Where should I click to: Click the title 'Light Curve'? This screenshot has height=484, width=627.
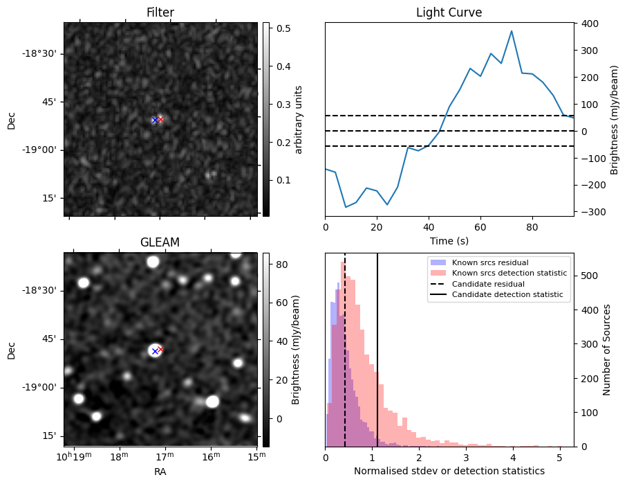[x=449, y=13]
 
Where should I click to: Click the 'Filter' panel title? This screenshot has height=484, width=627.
[x=160, y=13]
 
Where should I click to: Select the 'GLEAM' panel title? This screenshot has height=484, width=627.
[x=160, y=242]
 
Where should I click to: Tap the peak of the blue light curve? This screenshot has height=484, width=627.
[x=512, y=31]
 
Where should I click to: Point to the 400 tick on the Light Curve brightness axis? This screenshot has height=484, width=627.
[x=586, y=24]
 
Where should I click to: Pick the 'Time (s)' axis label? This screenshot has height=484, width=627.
[x=449, y=240]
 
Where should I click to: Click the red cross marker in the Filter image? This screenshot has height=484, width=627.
[x=160, y=119]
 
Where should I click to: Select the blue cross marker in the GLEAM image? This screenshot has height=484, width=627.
[x=155, y=352]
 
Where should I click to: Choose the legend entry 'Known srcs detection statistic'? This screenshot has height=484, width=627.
[x=509, y=274]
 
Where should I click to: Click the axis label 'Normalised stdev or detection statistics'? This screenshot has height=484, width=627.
[x=449, y=471]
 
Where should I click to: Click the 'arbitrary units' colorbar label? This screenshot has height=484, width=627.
[x=299, y=119]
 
